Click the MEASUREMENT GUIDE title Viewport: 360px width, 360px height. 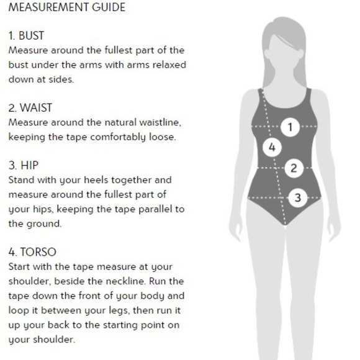67,7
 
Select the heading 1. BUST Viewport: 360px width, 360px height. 26,36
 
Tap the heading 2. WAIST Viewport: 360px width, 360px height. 30,108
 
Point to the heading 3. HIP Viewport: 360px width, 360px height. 24,166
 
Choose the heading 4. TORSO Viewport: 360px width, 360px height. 32,252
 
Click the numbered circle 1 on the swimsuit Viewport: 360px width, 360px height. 290,127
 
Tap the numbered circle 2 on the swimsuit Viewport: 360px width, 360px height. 294,168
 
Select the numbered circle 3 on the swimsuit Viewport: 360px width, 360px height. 298,197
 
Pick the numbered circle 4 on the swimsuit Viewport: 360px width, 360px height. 272,147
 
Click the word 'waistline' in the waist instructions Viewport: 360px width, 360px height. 160,122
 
